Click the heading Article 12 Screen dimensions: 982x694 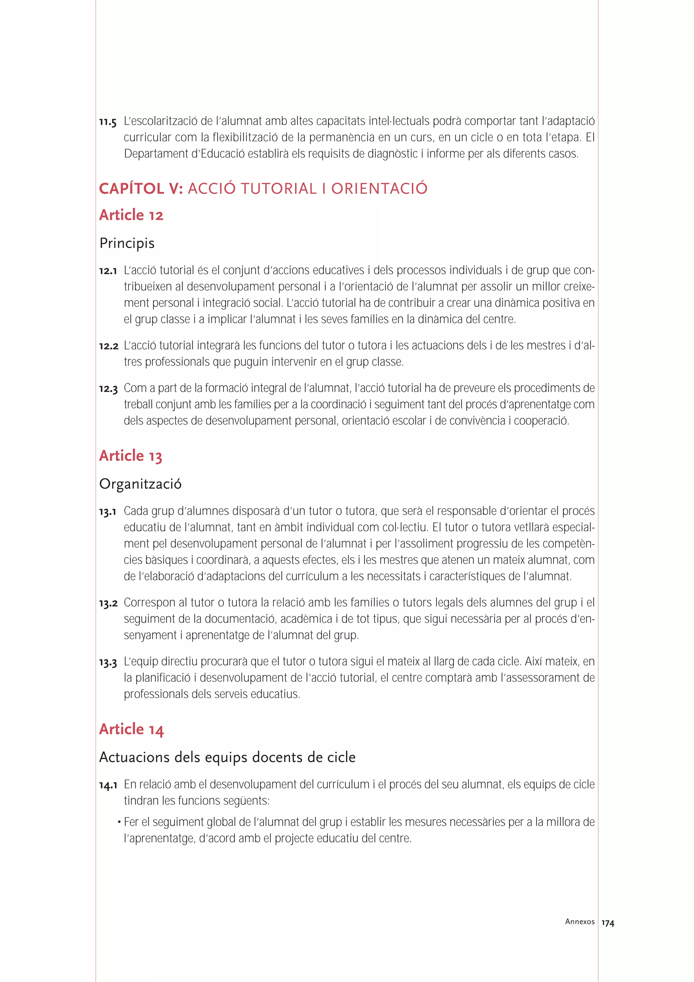pos(131,215)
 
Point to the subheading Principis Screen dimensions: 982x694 pos(127,243)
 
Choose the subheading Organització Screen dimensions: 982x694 pos(140,484)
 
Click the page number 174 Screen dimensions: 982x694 pos(608,923)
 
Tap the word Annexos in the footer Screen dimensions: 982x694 pos(579,922)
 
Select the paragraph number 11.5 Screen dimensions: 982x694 pos(108,122)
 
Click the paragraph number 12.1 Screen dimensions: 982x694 pos(108,271)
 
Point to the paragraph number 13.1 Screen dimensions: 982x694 pos(108,512)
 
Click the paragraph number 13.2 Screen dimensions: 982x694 pos(108,603)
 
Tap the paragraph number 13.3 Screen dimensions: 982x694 pos(108,662)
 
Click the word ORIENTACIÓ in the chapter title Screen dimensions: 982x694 pos(379,189)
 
